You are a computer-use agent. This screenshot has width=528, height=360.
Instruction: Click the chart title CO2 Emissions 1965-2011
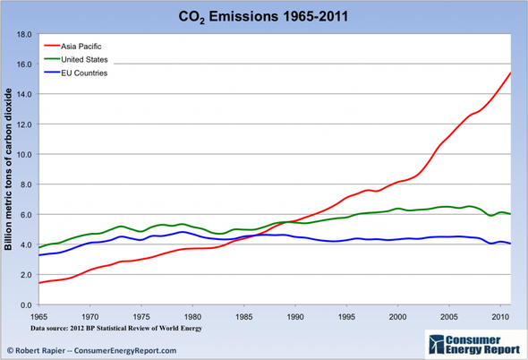[x=264, y=16]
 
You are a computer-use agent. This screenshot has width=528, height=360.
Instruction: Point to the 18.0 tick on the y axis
[x=24, y=34]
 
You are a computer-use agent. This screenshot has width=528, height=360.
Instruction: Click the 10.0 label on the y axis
[x=24, y=154]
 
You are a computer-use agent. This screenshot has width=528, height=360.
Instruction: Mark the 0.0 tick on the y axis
[x=26, y=305]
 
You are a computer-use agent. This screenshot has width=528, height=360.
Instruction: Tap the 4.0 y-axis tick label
[x=26, y=244]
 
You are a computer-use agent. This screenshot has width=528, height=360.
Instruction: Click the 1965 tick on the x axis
[x=38, y=317]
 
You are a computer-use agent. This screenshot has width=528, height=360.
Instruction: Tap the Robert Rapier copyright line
[x=89, y=348]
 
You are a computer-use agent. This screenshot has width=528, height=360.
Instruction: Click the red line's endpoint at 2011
[x=511, y=73]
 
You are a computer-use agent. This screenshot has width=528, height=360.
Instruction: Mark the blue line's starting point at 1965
[x=38, y=255]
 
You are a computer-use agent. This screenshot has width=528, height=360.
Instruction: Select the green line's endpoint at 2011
[x=511, y=214]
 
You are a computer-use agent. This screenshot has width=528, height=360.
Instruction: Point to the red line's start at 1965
[x=38, y=283]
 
